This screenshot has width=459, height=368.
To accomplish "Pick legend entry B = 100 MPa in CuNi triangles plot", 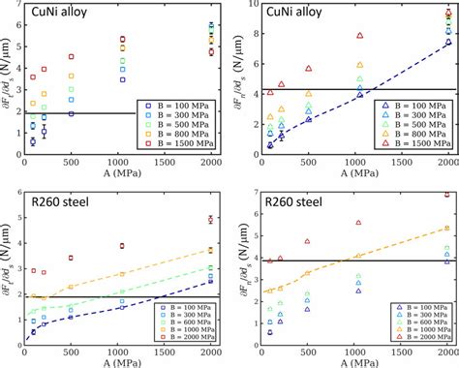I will point(415,104).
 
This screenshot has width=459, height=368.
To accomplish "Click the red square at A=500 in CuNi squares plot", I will point(71,57).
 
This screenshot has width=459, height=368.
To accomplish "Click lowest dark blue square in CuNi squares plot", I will point(32,141).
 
